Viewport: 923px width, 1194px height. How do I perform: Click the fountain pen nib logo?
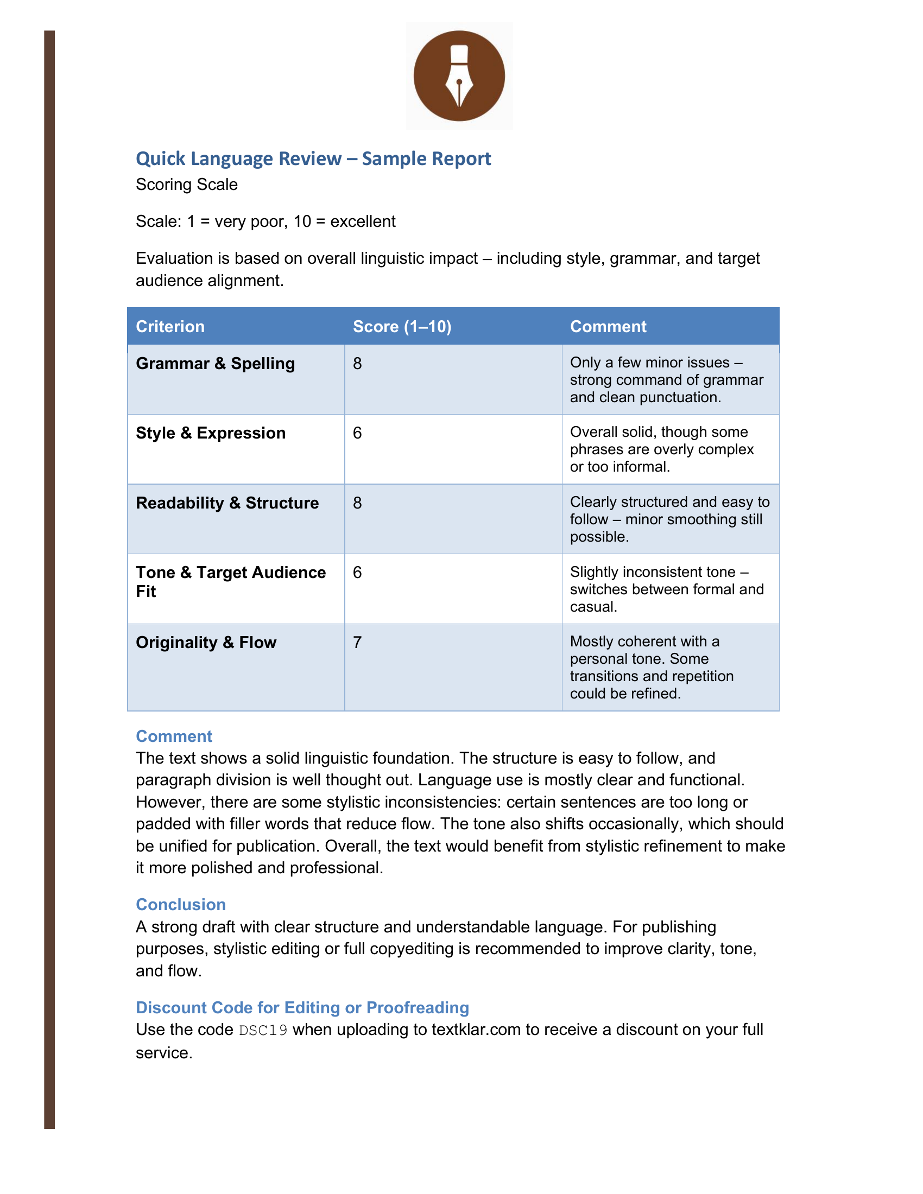point(459,75)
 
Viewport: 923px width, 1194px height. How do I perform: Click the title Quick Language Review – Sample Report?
point(313,158)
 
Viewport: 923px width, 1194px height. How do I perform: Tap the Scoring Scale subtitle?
point(186,185)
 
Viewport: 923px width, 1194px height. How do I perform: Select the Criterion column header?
point(170,326)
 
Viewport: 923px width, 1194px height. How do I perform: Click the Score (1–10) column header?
point(402,326)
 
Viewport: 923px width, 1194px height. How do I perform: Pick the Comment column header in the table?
point(608,326)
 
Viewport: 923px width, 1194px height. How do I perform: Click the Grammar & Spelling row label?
point(215,364)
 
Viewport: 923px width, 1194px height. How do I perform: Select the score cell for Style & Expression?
point(357,433)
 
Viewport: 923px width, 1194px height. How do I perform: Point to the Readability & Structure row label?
point(227,503)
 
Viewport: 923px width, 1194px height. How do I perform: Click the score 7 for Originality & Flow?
point(357,643)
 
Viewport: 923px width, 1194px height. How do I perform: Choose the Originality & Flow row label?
point(206,643)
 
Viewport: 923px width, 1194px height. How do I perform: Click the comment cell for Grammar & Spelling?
point(666,380)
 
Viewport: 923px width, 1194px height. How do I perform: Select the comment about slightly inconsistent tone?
point(666,589)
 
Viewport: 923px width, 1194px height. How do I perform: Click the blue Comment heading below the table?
point(173,736)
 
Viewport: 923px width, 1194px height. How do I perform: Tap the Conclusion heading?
point(180,905)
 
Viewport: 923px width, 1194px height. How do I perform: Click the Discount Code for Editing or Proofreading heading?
point(302,1008)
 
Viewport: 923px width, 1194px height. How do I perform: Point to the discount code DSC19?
point(263,1031)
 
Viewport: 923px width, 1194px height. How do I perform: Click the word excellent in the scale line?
point(363,221)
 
